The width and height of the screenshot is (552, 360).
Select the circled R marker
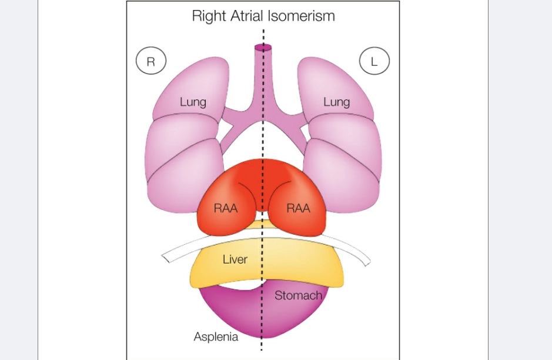[151, 61]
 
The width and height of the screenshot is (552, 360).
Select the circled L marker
[374, 61]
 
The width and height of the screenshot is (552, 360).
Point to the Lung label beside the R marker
[193, 102]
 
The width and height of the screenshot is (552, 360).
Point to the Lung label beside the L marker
[336, 102]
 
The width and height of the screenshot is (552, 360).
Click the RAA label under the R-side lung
[226, 208]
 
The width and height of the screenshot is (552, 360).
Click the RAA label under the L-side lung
[298, 208]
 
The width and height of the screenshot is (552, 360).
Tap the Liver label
[235, 259]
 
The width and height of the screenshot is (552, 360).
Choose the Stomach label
[298, 295]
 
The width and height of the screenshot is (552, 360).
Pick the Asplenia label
[216, 336]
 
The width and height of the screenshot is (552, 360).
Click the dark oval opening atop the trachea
[263, 47]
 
